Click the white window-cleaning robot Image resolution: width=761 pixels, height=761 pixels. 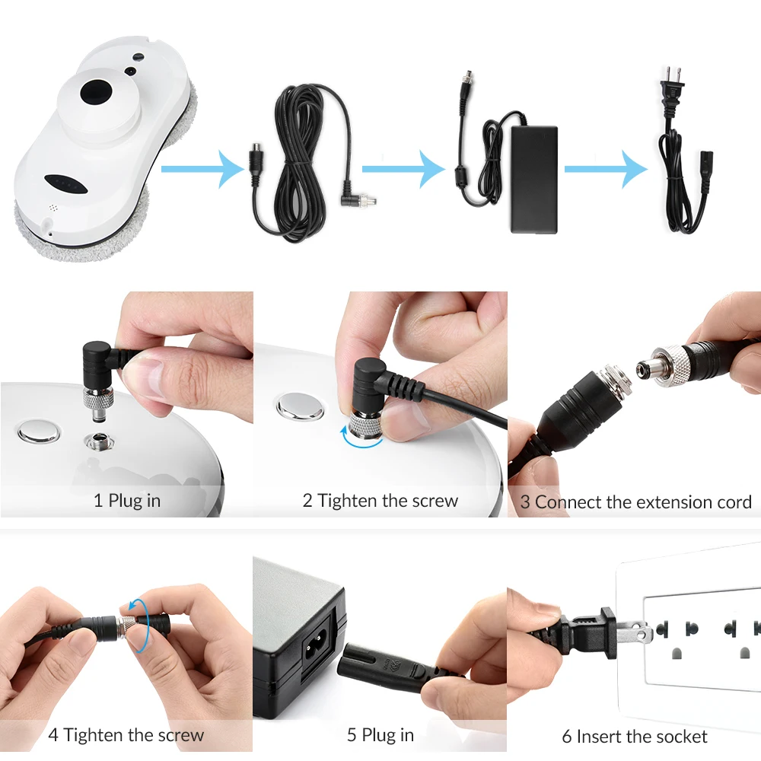click(x=99, y=145)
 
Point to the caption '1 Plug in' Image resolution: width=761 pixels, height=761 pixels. click(x=127, y=501)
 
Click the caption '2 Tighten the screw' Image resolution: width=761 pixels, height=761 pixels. click(x=380, y=501)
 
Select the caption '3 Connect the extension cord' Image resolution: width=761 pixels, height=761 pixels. click(x=636, y=502)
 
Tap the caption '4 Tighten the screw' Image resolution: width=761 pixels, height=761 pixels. click(x=126, y=735)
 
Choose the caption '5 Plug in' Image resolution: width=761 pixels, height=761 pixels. click(x=380, y=735)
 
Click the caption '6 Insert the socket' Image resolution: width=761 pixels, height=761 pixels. click(x=635, y=737)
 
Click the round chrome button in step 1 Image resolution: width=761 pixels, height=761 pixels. click(x=39, y=432)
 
